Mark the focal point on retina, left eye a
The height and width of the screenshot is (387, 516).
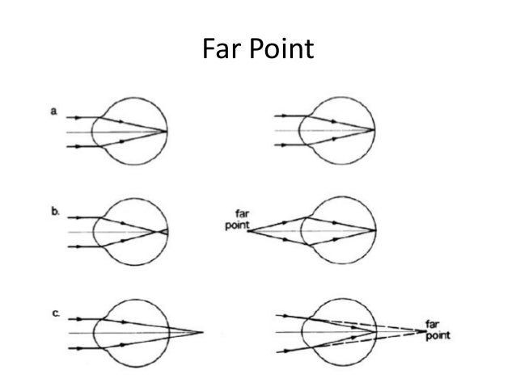(167, 130)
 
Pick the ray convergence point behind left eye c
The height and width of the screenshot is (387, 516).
(201, 332)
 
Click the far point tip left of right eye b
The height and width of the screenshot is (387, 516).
(246, 232)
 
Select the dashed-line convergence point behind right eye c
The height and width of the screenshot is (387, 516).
(425, 332)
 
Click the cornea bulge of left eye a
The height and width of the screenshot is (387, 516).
(95, 131)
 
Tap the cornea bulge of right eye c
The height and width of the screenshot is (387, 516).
(302, 332)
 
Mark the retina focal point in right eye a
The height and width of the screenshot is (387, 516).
(374, 130)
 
